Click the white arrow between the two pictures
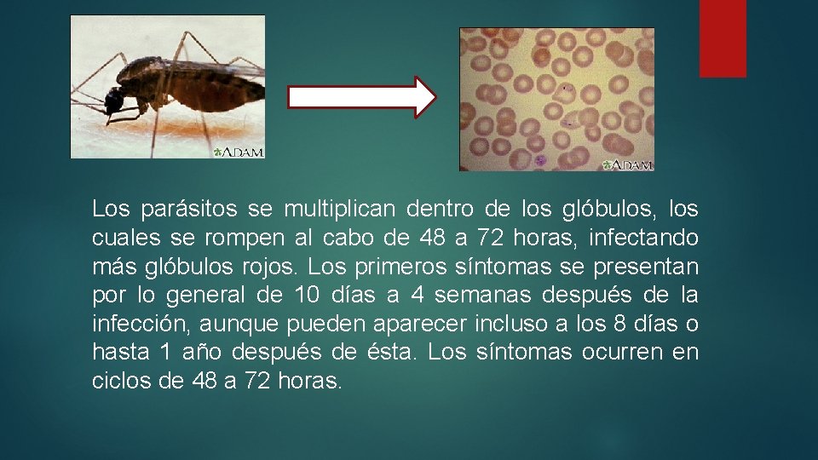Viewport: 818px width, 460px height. tap(361, 96)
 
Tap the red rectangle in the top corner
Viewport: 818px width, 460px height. tap(723, 38)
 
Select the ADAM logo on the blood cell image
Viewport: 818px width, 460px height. tap(628, 164)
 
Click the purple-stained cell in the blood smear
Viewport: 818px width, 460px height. tap(540, 159)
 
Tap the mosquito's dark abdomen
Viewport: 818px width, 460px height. tap(223, 89)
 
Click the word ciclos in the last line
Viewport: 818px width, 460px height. tap(121, 382)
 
